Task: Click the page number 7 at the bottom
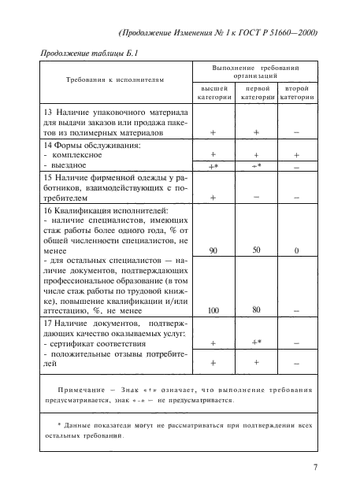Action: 314,469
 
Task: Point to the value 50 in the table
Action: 256,272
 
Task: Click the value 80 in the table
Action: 256,331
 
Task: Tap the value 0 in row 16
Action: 297,272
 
